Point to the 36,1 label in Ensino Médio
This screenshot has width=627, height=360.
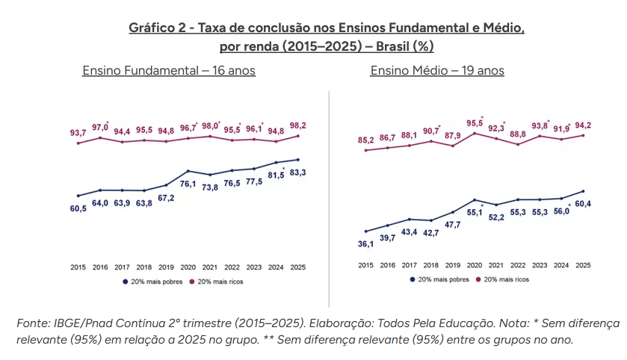[x=366, y=243]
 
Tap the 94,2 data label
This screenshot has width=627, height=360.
[x=583, y=125]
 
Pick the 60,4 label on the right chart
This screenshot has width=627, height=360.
[x=583, y=204]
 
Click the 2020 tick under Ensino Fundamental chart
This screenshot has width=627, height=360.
[x=188, y=267]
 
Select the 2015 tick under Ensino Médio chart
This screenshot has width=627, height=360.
[x=365, y=265]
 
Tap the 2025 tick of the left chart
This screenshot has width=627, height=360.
[x=298, y=267]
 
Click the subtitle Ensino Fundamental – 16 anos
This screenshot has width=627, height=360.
[x=169, y=71]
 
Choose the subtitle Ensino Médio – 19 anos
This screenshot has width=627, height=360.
[x=437, y=71]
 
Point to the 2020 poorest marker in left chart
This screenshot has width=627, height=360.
[x=188, y=171]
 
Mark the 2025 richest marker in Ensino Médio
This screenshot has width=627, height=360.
[x=583, y=135]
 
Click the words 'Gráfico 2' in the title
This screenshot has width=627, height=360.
[x=157, y=28]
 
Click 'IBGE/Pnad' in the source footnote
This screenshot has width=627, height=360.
[x=81, y=323]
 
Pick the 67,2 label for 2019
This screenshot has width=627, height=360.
[x=166, y=198]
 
